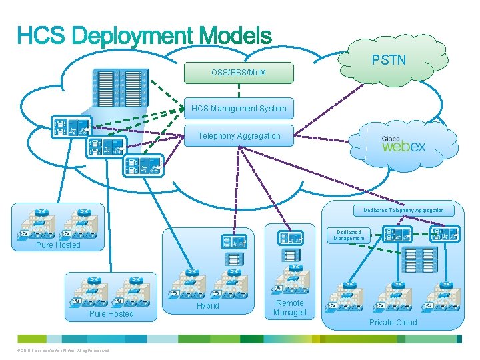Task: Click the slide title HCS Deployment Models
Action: (144, 35)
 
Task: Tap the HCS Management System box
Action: (239, 108)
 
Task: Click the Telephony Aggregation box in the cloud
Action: (239, 136)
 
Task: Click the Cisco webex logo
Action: (403, 144)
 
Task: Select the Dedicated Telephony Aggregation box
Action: (403, 210)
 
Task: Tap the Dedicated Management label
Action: (350, 235)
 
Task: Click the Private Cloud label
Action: (393, 323)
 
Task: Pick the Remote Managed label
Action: (289, 307)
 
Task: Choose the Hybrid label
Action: (207, 306)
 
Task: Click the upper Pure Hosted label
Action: (58, 245)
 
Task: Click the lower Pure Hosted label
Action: (111, 313)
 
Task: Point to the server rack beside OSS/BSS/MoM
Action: (119, 89)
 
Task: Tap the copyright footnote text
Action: (61, 351)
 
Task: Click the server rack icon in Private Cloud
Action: (419, 259)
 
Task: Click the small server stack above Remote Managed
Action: (290, 255)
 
